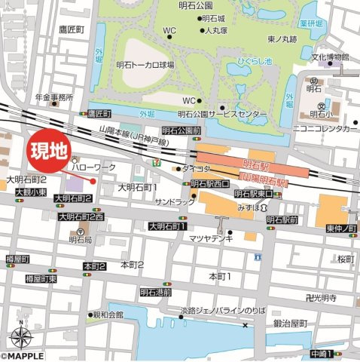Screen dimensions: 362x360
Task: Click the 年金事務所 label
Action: point(53,97)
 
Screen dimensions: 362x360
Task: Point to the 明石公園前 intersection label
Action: point(181,130)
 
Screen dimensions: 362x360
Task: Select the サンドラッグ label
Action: point(174,203)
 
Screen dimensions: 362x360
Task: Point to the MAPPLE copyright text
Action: point(23,356)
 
